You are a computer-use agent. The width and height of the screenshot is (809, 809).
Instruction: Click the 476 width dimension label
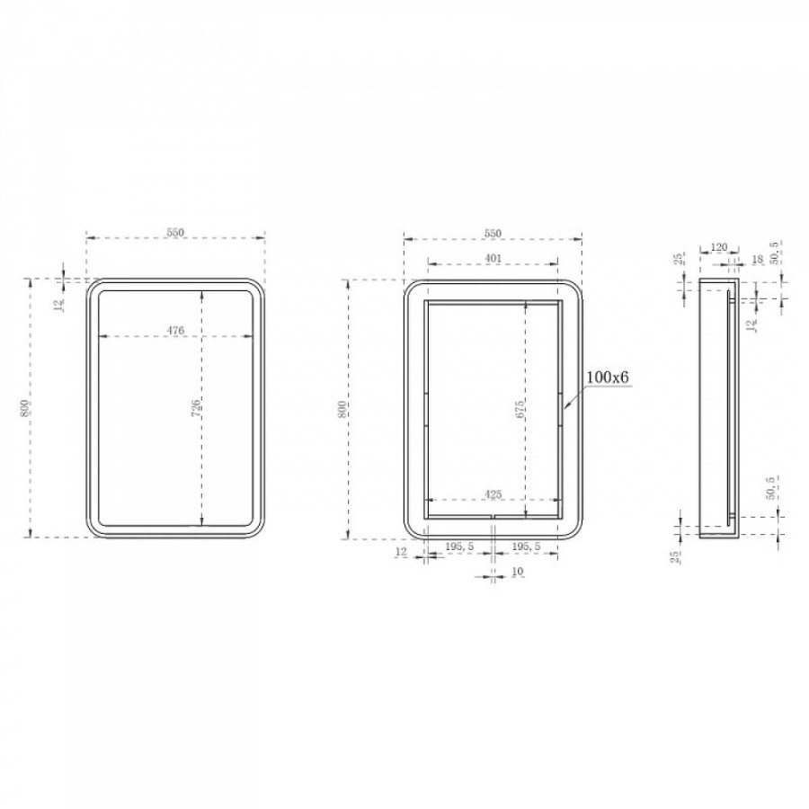click(175, 330)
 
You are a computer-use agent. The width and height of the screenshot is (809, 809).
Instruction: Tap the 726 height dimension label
click(196, 408)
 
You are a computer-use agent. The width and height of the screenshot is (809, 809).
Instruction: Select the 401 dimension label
click(493, 258)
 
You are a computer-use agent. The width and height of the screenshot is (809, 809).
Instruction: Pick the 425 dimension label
click(493, 494)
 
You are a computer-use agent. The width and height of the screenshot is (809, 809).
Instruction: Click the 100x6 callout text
click(608, 378)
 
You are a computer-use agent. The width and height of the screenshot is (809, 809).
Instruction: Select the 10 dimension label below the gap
click(518, 572)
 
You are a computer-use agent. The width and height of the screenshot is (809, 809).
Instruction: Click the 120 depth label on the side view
click(719, 247)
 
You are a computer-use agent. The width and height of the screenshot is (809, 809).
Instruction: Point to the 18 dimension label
click(758, 260)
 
